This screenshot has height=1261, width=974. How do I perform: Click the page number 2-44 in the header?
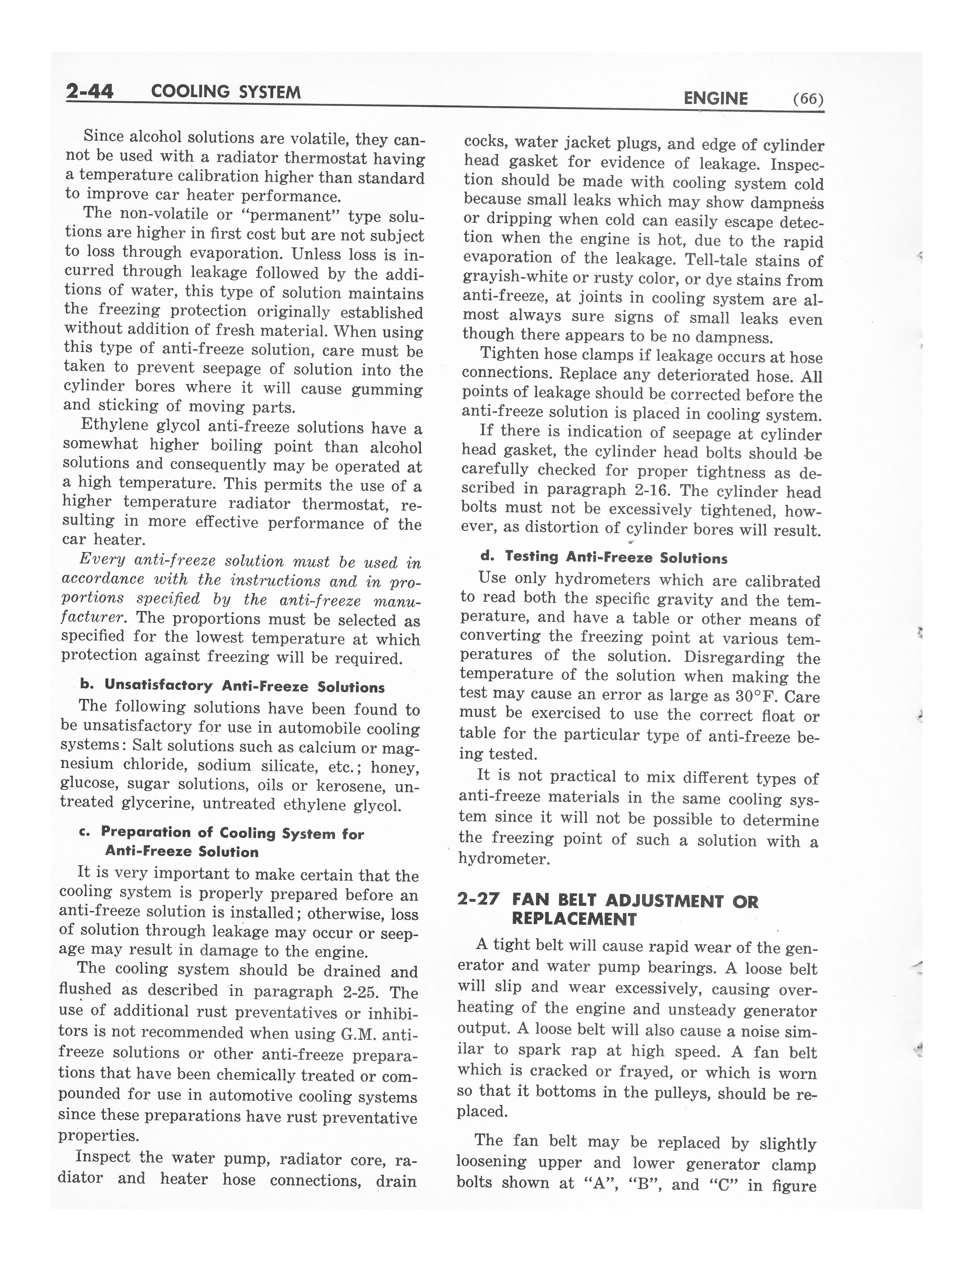pyautogui.click(x=90, y=91)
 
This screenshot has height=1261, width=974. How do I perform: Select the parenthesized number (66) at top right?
pyautogui.click(x=808, y=99)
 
